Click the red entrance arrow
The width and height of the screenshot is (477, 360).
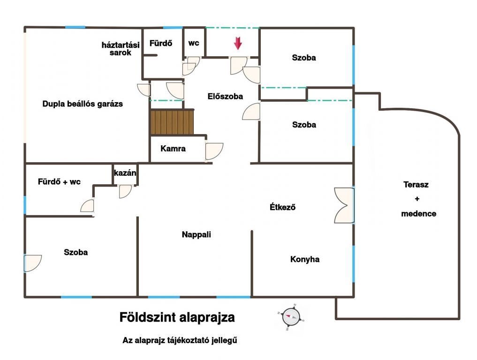[x=238, y=43]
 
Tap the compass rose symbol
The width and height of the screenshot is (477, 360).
[x=291, y=317]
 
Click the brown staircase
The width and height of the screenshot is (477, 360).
[x=172, y=122]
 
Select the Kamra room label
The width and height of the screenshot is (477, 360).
[x=173, y=149]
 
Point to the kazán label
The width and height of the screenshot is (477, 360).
[x=125, y=172]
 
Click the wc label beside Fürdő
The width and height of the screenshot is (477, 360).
[x=194, y=43]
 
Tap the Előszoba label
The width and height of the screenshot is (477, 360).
[x=225, y=97]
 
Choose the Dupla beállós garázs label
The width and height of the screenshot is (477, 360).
[x=83, y=104]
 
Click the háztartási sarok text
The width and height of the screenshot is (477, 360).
[x=121, y=49]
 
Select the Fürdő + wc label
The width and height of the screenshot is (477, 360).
[x=59, y=182]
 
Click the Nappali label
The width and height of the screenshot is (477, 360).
[x=196, y=234]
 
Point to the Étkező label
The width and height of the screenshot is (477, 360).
[x=282, y=207]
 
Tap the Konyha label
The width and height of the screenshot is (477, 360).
[x=305, y=259]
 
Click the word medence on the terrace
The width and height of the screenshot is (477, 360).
[x=418, y=213]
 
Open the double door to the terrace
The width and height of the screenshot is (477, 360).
[x=344, y=205]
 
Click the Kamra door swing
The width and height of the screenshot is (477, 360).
[x=214, y=151]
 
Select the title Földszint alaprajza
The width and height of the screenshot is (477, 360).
[x=177, y=317]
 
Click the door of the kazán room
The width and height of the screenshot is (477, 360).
[x=125, y=191]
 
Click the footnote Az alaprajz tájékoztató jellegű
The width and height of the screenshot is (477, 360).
[x=180, y=340]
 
